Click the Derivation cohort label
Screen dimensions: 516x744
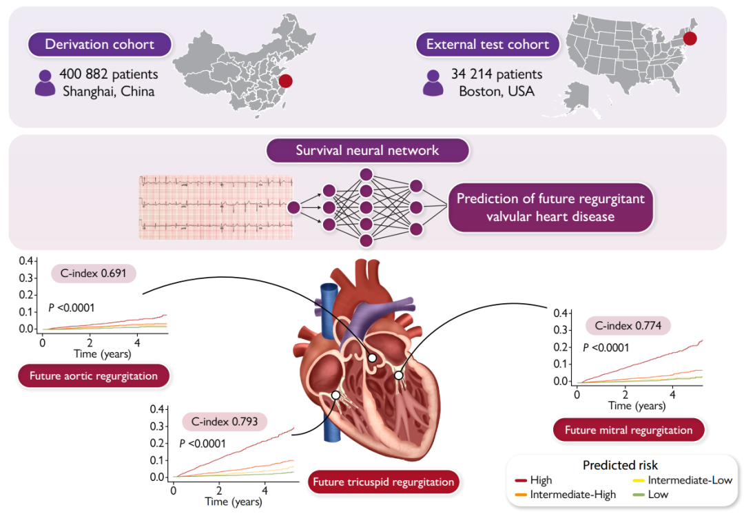99,45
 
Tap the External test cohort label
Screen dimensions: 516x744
487,45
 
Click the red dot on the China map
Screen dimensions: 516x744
286,81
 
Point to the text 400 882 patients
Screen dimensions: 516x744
109,74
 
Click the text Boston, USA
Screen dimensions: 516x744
497,91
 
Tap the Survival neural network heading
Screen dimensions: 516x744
367,150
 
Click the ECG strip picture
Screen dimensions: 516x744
216,207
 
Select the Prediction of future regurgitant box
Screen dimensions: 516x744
550,207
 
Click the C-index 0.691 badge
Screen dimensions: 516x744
94,273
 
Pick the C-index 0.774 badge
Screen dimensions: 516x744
628,326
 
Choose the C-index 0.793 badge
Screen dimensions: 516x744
225,421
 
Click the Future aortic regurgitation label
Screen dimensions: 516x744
93,376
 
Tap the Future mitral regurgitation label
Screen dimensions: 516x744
628,430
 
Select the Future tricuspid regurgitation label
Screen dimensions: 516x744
384,482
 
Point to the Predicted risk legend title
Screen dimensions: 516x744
620,465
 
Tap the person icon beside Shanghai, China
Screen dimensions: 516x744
45,82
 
